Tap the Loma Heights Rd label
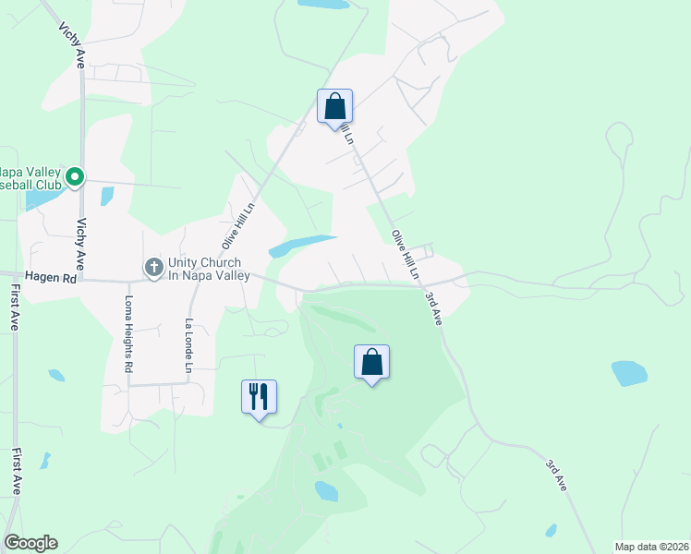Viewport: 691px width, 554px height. point(129,334)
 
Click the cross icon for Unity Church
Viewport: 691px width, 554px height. point(154,268)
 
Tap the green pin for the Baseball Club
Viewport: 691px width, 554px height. point(75,175)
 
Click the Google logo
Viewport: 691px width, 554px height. point(30,543)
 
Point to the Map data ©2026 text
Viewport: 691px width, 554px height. point(651,546)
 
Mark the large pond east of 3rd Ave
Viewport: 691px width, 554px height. point(630,373)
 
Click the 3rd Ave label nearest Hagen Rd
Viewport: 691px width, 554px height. point(433,307)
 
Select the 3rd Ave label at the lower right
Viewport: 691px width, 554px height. point(555,474)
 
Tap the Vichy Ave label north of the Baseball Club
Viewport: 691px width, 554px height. point(80,43)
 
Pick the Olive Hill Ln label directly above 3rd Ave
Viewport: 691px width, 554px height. point(406,255)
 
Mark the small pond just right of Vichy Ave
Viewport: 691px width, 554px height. point(107,196)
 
